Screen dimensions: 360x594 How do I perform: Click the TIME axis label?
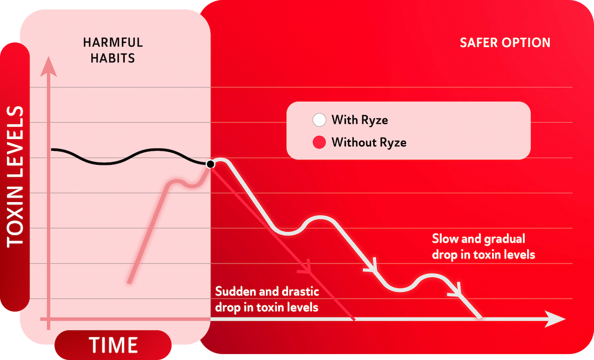113,345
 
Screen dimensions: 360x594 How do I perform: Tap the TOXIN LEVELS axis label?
16,176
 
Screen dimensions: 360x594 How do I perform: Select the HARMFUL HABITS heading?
109,50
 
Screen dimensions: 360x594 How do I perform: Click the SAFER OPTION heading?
505,43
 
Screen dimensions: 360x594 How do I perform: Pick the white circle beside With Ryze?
319,120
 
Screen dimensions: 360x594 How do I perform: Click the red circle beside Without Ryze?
319,143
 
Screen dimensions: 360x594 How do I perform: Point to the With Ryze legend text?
359,120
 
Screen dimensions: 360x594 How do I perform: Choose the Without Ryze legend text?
369,143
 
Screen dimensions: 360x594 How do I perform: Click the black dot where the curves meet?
210,164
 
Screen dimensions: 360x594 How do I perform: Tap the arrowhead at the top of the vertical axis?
48,67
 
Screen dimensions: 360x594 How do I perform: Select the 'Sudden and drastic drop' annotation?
266,299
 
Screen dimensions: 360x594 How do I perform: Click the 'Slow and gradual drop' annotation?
483,247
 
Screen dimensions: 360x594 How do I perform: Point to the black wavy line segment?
124,157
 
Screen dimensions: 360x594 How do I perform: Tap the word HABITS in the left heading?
115,58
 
